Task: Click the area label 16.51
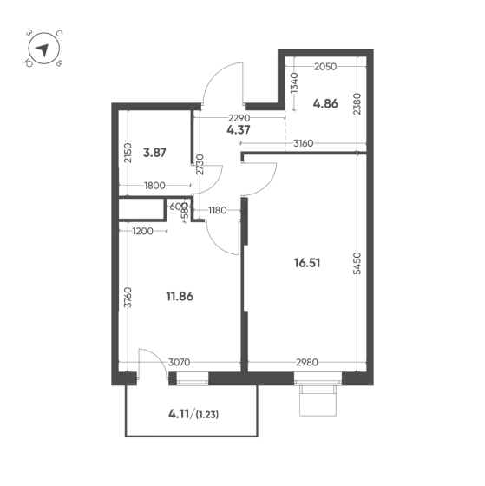pos(307,263)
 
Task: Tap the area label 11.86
pos(180,297)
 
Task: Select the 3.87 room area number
pos(154,153)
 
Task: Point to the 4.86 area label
pos(325,103)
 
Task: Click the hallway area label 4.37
pos(239,129)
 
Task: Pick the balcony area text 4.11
pos(179,414)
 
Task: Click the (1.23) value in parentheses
pos(207,415)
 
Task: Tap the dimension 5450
pos(357,263)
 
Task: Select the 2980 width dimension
pos(307,362)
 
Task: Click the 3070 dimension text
pos(179,362)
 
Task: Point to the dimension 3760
pos(128,298)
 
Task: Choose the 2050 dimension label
pos(325,67)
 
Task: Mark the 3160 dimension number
pos(304,143)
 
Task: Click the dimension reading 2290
pos(239,118)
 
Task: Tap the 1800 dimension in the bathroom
pos(155,186)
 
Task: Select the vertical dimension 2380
pos(357,104)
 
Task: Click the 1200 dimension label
pos(142,231)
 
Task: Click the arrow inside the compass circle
pos(43,49)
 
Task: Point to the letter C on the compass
pos(60,33)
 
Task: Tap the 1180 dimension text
pos(218,210)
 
